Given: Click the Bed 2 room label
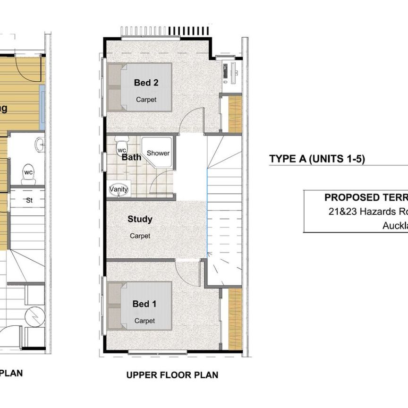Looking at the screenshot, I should (146, 83).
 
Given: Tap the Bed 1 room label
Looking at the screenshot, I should (144, 304).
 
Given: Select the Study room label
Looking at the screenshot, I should (140, 219).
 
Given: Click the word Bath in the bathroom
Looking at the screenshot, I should (131, 157).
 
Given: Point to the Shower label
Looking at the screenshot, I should (158, 153).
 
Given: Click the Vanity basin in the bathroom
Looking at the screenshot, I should (119, 189).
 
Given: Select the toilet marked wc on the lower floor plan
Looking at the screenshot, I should (28, 174).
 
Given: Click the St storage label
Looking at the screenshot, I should (29, 200).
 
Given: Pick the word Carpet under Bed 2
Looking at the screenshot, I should (146, 100).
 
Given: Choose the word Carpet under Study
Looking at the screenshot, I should (140, 236).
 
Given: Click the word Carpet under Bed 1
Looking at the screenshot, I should (144, 321).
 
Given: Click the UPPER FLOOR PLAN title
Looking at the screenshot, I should (172, 375).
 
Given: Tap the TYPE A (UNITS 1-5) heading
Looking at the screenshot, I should (317, 159).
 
